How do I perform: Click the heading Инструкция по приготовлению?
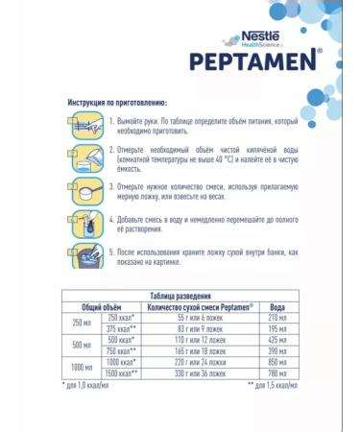tap(117, 102)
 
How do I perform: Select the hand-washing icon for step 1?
tap(85, 124)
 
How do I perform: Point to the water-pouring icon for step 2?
tap(85, 156)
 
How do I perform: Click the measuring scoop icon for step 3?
tap(85, 188)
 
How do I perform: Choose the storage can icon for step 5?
tap(85, 256)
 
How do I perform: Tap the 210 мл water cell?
tap(276, 317)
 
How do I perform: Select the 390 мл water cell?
tap(276, 350)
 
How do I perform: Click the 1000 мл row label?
tap(81, 368)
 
